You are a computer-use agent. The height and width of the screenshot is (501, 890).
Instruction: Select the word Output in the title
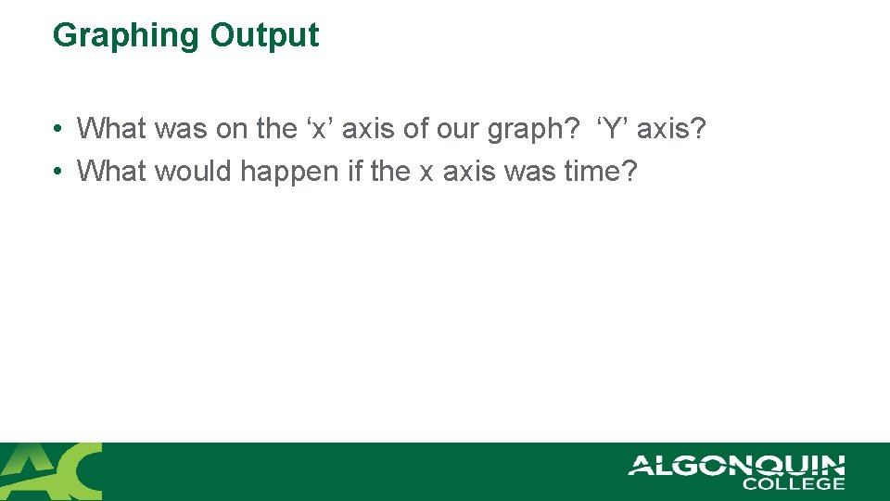[264, 35]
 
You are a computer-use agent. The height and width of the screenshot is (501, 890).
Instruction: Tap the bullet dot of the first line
[57, 129]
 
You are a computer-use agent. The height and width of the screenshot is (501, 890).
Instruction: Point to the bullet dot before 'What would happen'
[57, 172]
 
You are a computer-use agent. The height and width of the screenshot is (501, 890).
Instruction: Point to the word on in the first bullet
[232, 129]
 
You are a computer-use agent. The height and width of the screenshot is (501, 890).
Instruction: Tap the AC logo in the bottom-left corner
[51, 471]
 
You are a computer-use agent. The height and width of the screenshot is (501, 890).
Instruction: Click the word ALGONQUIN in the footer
[736, 465]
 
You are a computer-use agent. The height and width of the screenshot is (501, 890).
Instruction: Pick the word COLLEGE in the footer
[794, 483]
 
